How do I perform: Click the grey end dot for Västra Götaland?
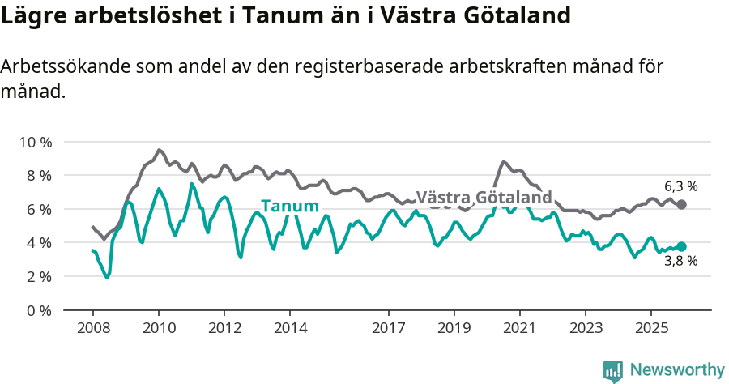[x=681, y=205]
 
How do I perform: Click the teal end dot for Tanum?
[x=681, y=246]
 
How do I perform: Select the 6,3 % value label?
[x=680, y=186]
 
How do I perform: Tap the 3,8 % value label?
[x=680, y=262]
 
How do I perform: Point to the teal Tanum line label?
[x=290, y=206]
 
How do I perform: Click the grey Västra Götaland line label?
[x=484, y=197]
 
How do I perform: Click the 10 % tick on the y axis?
[x=35, y=142]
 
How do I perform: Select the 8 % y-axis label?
[x=38, y=175]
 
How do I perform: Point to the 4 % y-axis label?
[x=38, y=242]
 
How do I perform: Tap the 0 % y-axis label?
[x=38, y=310]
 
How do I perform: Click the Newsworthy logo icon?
[x=613, y=370]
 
